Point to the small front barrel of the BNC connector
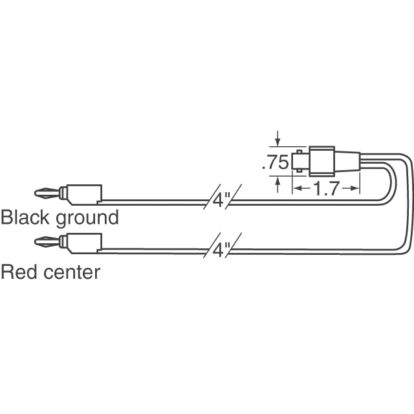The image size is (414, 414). coord(301,161)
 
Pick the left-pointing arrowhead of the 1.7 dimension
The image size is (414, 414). coord(297,189)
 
